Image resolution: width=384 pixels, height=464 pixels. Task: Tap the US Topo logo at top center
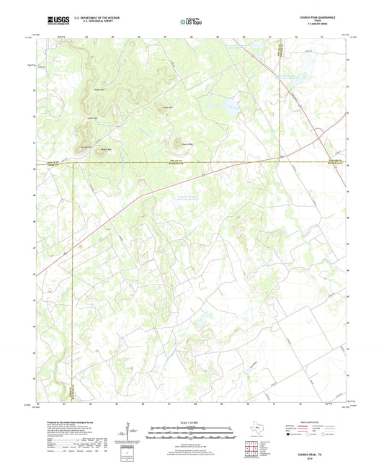pos(191,22)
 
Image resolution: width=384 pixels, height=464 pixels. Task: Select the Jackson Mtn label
pos(86,147)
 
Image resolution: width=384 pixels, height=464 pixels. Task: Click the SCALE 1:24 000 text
pos(191,421)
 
